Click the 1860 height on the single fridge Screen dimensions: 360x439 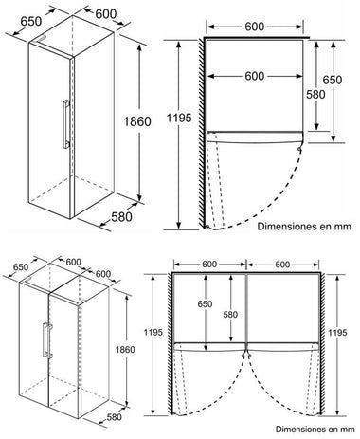137,121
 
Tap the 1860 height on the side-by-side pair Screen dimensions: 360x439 125,350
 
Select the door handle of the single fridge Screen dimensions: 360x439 66,124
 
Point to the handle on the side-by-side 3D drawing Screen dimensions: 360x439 47,340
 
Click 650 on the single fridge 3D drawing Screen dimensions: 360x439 31,21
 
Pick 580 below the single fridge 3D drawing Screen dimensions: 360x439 121,217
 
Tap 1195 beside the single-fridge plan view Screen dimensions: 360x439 179,118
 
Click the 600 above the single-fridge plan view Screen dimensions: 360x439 255,27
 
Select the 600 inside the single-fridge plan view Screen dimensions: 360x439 255,76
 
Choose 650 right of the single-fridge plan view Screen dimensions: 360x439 333,80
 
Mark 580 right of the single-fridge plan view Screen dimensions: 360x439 315,94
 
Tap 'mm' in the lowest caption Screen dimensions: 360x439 348,430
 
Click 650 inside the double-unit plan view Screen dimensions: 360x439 205,304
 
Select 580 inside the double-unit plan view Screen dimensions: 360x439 230,315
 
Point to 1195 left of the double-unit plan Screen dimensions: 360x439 153,332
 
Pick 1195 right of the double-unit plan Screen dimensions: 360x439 337,333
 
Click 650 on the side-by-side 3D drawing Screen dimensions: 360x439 21,267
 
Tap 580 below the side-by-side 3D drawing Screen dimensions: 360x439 114,417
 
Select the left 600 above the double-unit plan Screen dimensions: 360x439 209,265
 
